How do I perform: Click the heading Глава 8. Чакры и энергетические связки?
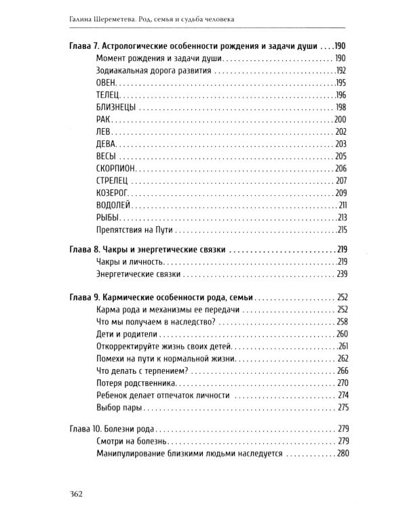(x=147, y=249)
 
